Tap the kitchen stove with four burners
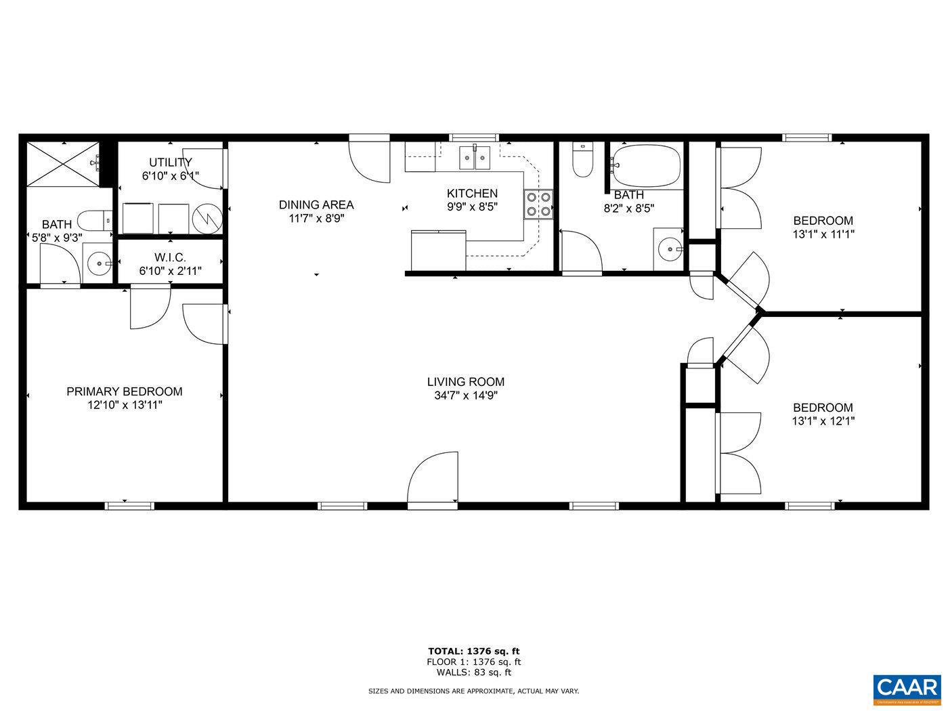538,204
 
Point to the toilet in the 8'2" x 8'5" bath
582,160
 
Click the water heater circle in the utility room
207,217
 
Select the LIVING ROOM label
465,382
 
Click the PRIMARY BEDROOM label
124,391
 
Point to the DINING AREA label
316,204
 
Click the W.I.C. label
170,257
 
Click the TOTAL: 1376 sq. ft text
473,651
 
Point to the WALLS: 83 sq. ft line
473,672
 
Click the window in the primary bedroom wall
129,504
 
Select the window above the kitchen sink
474,137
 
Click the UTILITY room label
170,162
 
